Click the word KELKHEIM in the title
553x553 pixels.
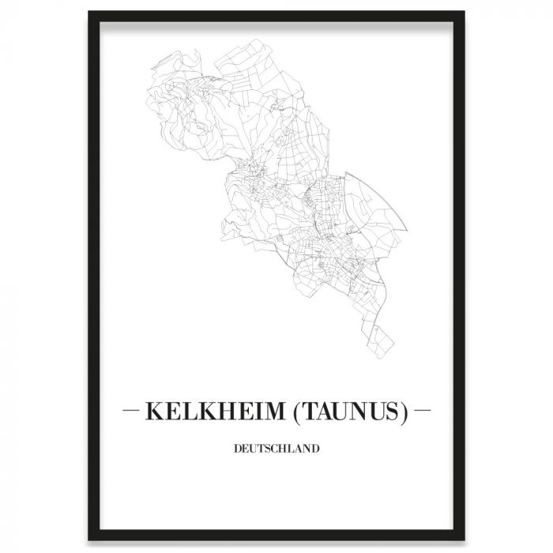[209, 412]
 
